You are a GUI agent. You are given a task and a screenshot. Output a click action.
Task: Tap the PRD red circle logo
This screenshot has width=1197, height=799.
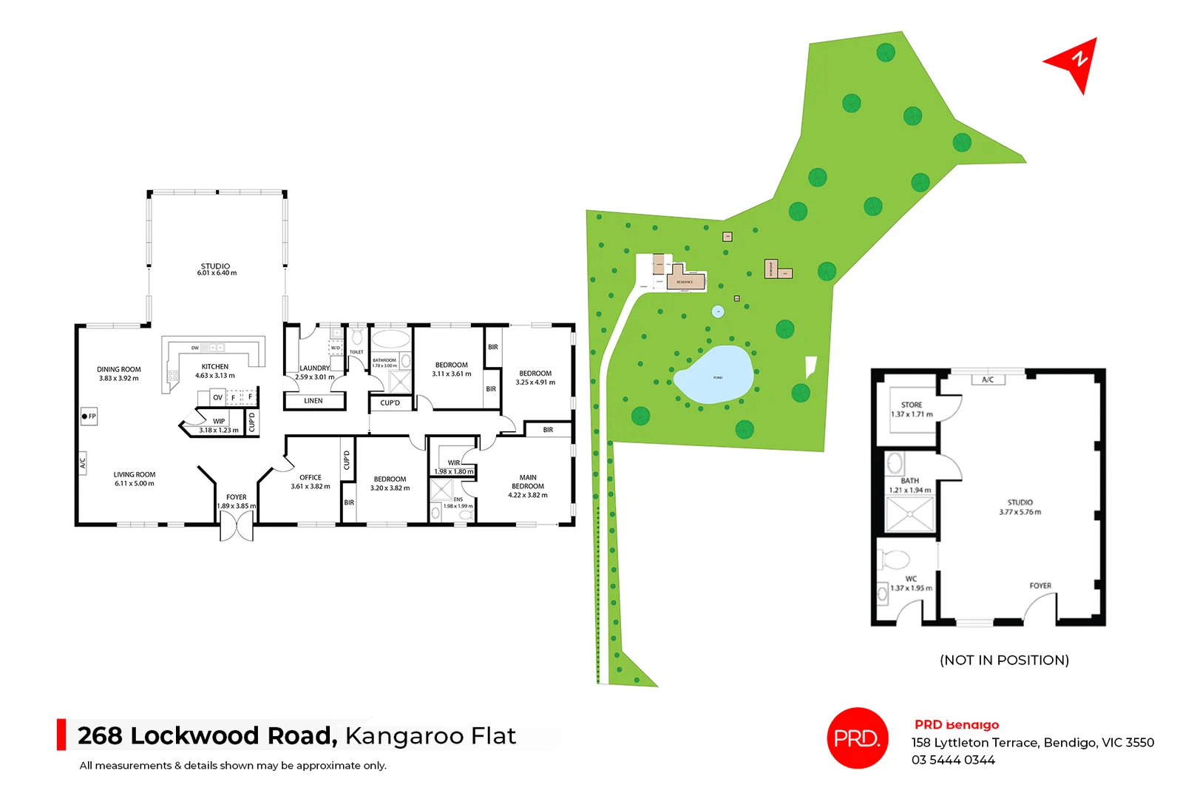point(857,738)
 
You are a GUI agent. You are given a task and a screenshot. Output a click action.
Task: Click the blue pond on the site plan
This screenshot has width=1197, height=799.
point(714,375)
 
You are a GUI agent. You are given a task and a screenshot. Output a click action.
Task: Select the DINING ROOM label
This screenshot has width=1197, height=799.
point(118,369)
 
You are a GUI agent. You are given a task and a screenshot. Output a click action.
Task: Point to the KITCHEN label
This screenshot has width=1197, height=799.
point(215,366)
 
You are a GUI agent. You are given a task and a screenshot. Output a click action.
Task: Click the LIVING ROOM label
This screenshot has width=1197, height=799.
point(135,475)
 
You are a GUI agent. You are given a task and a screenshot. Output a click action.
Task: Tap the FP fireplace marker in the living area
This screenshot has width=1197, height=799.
point(89,417)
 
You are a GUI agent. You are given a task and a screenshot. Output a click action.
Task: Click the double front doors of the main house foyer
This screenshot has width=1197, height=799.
point(237,526)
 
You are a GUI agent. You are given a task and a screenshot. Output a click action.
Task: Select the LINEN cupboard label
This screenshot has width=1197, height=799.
point(313,401)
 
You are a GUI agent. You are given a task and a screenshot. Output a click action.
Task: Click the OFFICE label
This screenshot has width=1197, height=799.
point(311,477)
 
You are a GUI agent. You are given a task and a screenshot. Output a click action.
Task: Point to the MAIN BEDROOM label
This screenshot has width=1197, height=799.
point(528,482)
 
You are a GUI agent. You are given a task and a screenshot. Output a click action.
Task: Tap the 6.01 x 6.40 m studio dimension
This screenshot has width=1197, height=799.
point(217,274)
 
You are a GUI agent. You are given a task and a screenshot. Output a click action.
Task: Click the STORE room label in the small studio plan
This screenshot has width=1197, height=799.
point(912,405)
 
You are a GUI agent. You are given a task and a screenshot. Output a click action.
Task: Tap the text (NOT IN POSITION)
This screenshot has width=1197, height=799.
point(1004,660)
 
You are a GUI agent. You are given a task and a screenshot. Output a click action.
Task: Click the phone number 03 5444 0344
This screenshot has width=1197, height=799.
point(953,760)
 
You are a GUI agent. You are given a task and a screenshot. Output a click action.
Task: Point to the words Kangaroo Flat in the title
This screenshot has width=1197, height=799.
point(430,736)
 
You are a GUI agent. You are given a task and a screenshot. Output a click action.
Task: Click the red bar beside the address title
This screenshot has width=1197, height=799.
point(61,735)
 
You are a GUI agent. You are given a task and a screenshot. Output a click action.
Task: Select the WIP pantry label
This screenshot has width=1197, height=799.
point(219,421)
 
